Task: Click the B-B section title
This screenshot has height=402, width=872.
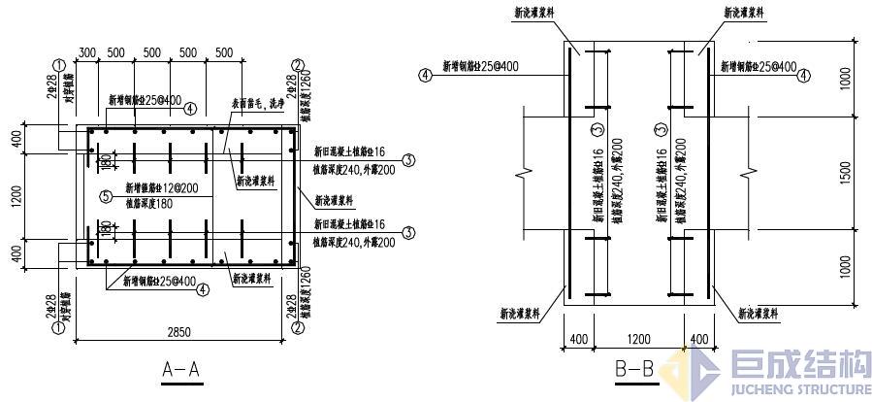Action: coord(636,369)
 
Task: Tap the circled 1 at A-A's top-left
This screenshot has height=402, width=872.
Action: coord(60,66)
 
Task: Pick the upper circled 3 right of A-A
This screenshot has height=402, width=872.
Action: coord(408,160)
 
